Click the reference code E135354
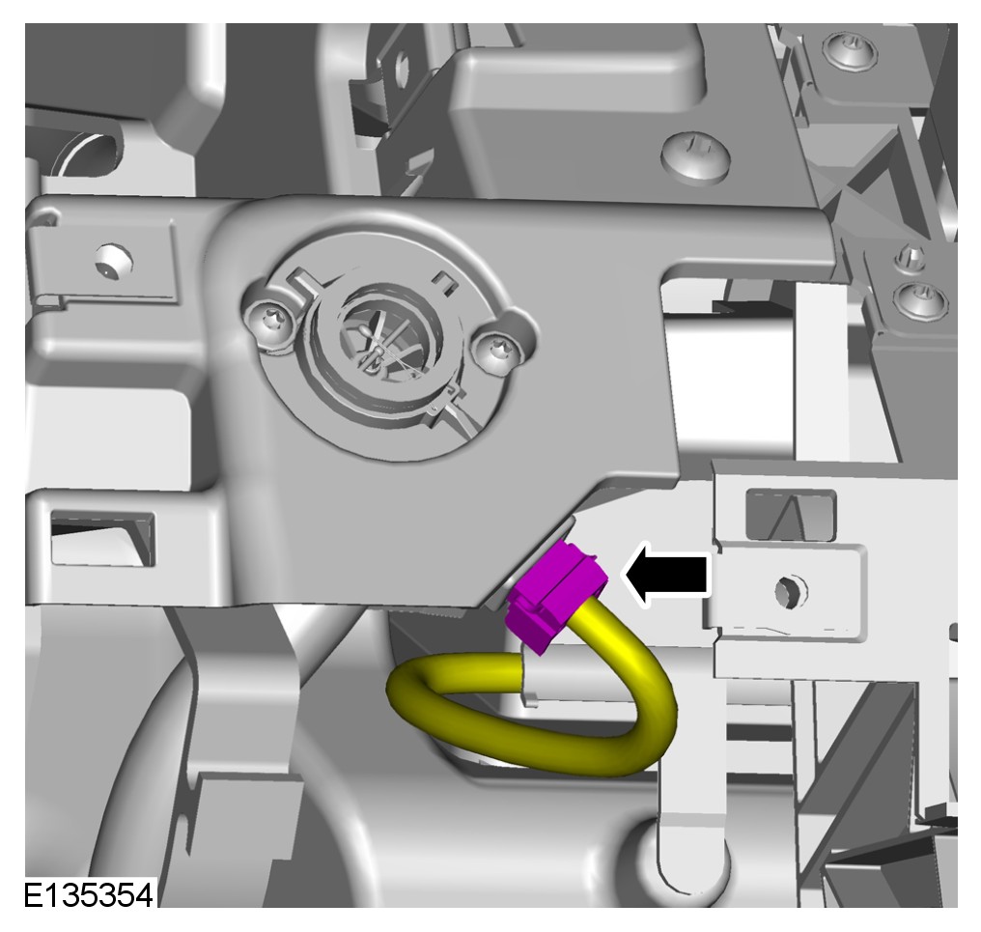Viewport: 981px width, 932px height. (88, 895)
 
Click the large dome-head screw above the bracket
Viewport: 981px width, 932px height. (695, 156)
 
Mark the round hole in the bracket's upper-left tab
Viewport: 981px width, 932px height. (114, 261)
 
